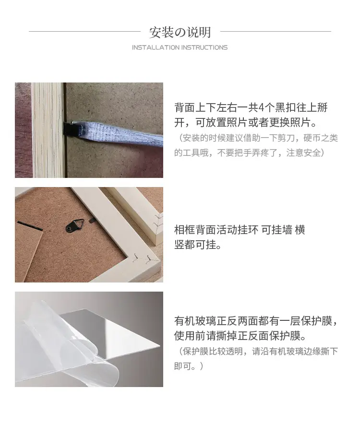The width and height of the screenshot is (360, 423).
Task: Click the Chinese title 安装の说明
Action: pyautogui.click(x=180, y=33)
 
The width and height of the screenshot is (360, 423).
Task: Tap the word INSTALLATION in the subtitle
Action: pyautogui.click(x=156, y=47)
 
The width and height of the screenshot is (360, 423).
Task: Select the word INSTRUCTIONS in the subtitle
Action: pyautogui.click(x=204, y=47)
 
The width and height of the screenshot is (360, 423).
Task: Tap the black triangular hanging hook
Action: pyautogui.click(x=74, y=225)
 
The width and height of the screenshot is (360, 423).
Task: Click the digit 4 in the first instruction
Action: pyautogui.click(x=261, y=107)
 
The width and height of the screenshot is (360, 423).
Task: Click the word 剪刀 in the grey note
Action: pyautogui.click(x=286, y=138)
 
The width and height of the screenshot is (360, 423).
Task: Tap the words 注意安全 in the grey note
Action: pyautogui.click(x=303, y=153)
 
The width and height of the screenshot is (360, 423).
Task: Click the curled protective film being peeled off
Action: pyautogui.click(x=68, y=348)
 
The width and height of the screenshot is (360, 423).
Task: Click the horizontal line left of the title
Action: pyautogui.click(x=84, y=31)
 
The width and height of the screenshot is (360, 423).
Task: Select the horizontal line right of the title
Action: pyautogui.click(x=276, y=31)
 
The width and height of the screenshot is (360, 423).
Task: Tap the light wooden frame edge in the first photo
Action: pyautogui.click(x=48, y=130)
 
